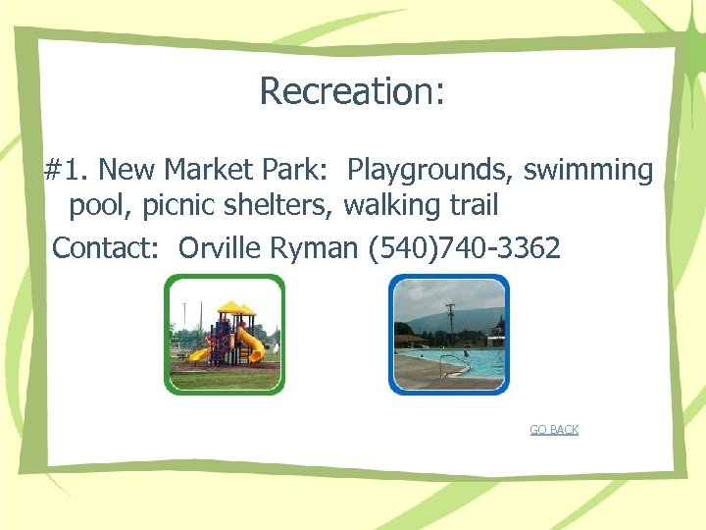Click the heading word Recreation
click(351, 91)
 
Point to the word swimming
click(587, 171)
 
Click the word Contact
click(109, 248)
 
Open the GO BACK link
click(554, 430)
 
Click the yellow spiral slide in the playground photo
click(250, 344)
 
